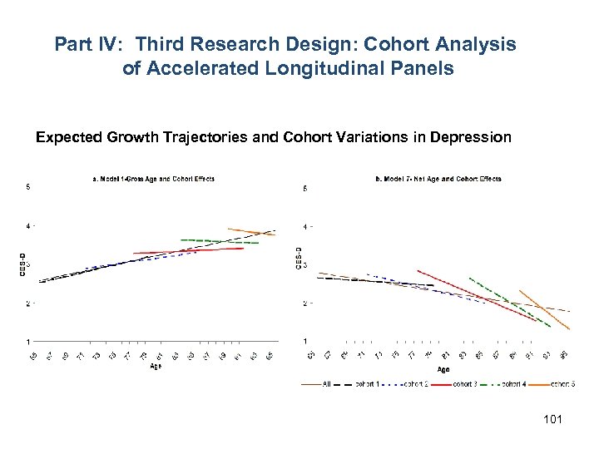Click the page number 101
[x=552, y=420]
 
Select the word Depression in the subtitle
[x=471, y=137]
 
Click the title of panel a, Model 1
[x=153, y=179]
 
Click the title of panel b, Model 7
[x=438, y=179]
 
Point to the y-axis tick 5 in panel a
[x=28, y=187]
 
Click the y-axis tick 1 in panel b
[x=305, y=342]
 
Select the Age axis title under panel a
[x=156, y=366]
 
